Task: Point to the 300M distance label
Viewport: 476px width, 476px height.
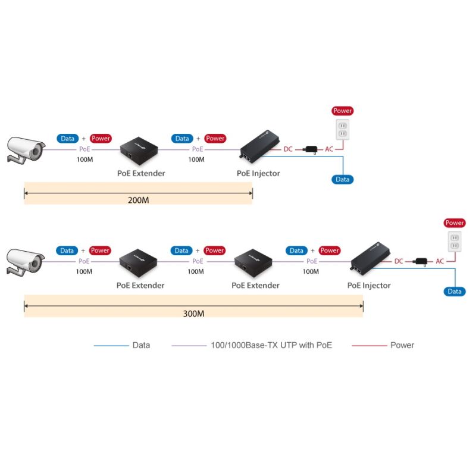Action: click(x=193, y=313)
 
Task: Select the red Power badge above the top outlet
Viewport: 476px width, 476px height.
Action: click(x=343, y=111)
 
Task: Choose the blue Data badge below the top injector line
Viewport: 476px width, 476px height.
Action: click(x=343, y=179)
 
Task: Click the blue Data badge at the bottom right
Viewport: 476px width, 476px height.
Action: click(x=455, y=292)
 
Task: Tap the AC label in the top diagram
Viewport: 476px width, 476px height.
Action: click(x=329, y=149)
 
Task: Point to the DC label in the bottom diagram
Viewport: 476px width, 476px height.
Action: click(x=399, y=261)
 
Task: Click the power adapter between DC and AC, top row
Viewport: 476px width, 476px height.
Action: click(x=310, y=149)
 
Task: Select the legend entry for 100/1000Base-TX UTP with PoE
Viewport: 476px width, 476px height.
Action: click(x=271, y=345)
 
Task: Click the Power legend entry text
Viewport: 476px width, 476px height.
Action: click(x=402, y=345)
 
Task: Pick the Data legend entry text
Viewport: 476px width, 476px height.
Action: click(x=141, y=345)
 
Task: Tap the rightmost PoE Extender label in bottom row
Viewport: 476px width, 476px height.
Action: click(x=255, y=286)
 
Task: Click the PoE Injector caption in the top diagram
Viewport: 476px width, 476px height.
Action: click(x=258, y=174)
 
